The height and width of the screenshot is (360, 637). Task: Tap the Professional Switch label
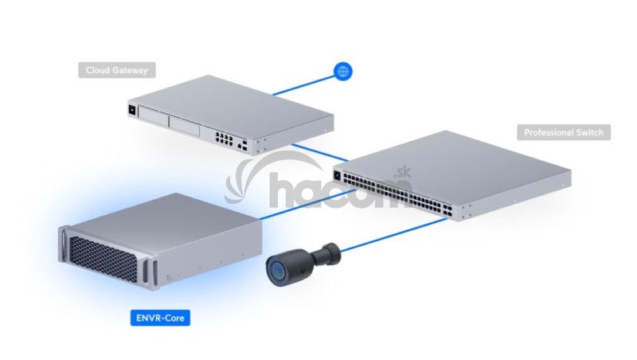[x=564, y=132]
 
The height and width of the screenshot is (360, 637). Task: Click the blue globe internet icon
[x=343, y=72]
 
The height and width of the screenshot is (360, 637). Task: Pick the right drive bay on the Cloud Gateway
[x=187, y=127]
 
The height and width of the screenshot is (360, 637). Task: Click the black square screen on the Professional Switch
[x=338, y=175]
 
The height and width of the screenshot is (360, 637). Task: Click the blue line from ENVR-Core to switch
[x=303, y=205]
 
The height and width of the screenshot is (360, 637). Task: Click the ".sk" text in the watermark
[x=401, y=170]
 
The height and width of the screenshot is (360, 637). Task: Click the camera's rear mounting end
[x=331, y=250]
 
